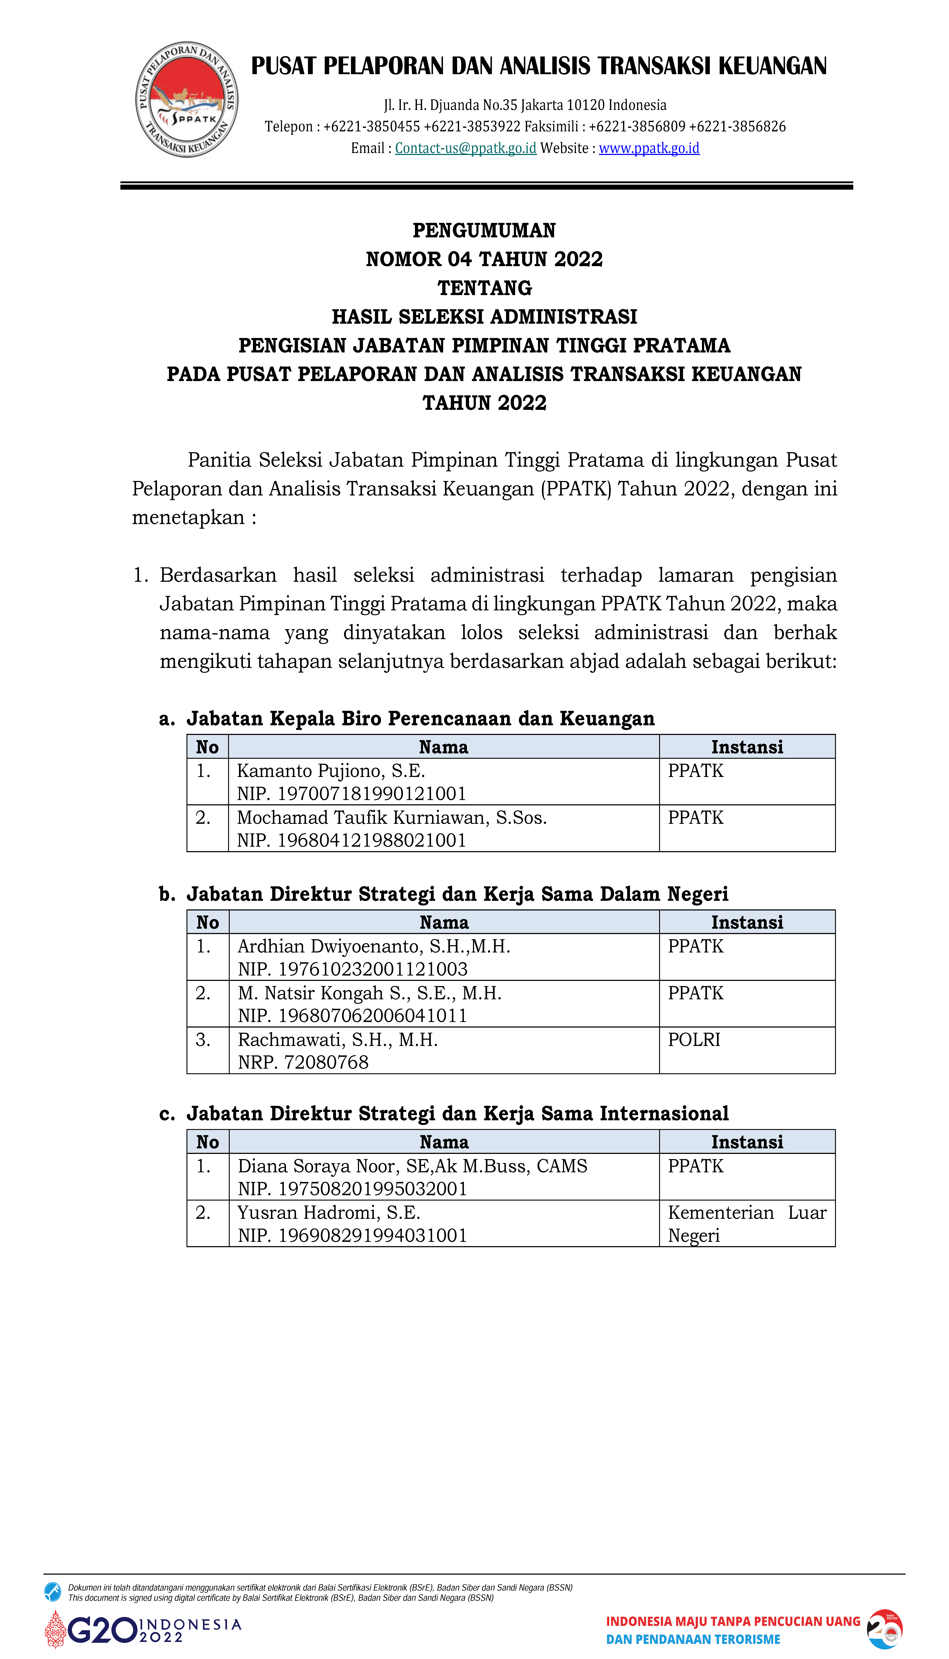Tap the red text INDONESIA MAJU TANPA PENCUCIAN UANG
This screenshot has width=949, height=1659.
pyautogui.click(x=733, y=1621)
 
